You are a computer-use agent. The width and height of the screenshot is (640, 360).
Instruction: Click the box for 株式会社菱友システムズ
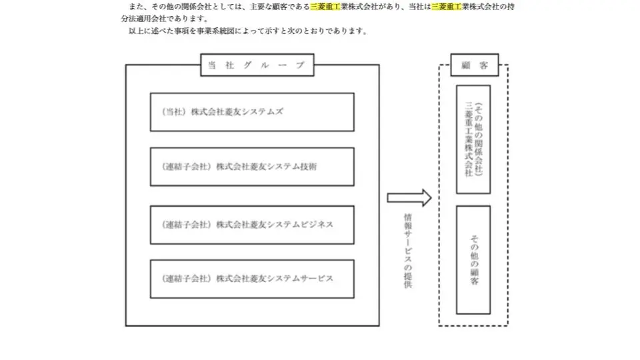[252, 112]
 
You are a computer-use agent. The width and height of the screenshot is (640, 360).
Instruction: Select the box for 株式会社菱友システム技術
[252, 167]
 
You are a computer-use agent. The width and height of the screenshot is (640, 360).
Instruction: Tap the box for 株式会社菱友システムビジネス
[252, 225]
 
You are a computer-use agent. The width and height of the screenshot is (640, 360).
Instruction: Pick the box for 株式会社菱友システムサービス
[252, 279]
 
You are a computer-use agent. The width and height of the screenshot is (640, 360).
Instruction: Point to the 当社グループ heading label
[256, 65]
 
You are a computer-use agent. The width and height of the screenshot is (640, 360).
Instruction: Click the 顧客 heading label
[473, 65]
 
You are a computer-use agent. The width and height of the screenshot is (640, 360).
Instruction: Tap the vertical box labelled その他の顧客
[473, 260]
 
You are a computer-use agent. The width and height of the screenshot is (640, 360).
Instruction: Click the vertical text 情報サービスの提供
[407, 251]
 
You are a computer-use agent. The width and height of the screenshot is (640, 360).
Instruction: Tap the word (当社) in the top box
[175, 112]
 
